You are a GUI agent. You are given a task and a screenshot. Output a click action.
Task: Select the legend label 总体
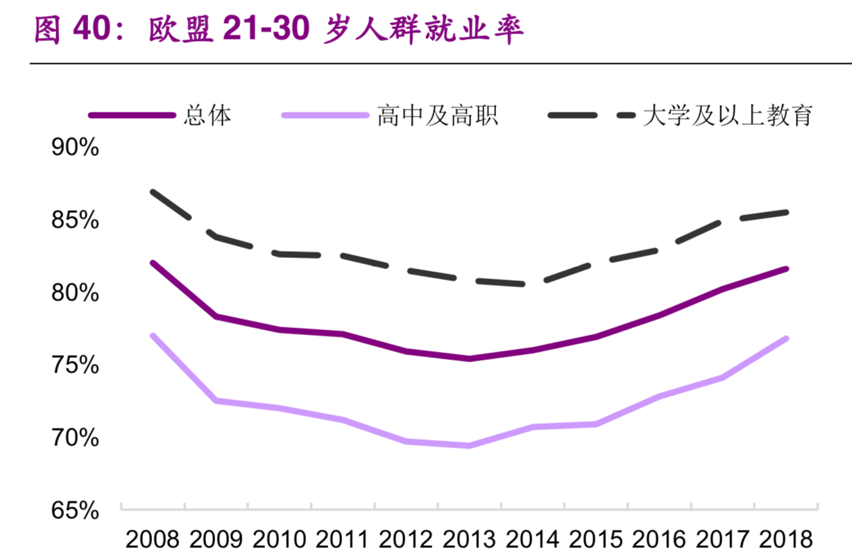coord(207,115)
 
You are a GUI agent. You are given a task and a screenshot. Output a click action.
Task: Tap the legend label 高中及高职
coord(437,115)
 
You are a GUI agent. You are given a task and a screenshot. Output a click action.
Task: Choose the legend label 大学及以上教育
coord(727,115)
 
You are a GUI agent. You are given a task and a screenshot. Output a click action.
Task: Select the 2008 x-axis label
coord(152,539)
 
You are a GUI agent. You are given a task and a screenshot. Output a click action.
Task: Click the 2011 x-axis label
coord(343,539)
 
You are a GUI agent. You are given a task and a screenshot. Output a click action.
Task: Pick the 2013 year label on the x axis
coord(469,539)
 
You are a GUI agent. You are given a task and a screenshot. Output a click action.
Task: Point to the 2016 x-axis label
coord(659,539)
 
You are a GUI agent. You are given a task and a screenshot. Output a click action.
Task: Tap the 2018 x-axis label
coord(786,539)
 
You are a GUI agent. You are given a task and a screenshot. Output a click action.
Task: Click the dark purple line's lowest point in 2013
coord(469,359)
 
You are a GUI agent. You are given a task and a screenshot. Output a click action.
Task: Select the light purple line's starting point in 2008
coord(153,336)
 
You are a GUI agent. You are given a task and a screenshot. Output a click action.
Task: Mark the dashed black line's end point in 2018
coord(786,212)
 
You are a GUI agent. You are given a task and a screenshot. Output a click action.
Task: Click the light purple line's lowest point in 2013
coord(469,446)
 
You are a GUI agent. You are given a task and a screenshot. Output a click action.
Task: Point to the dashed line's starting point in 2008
coord(153,191)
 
